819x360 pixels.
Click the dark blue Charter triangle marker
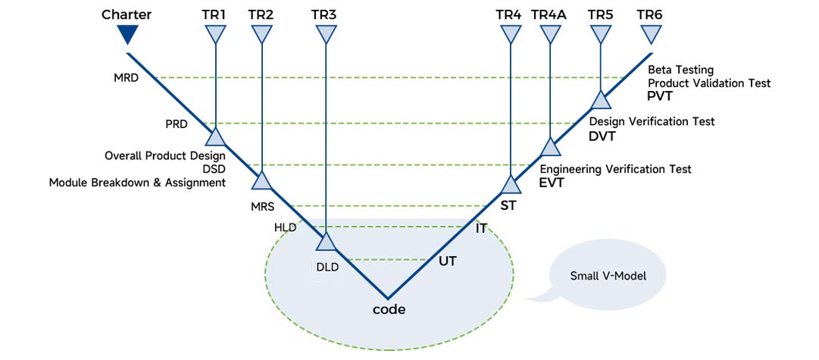click(127, 34)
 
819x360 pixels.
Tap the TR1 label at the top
click(215, 14)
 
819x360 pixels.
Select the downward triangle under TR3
click(326, 34)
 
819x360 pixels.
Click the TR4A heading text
click(549, 14)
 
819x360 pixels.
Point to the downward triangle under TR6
click(651, 34)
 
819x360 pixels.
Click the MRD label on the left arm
click(125, 77)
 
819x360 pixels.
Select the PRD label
click(176, 123)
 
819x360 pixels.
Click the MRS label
click(262, 205)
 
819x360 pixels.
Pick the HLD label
click(286, 227)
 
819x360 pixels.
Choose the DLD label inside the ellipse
click(327, 266)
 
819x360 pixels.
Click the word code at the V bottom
click(389, 309)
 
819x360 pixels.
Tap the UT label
click(448, 261)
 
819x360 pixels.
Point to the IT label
click(481, 227)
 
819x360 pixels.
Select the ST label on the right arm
click(508, 205)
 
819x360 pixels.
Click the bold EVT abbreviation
click(552, 183)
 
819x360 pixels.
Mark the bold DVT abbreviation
click(602, 136)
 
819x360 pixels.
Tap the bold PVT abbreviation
click(661, 97)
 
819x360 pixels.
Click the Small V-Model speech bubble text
click(608, 276)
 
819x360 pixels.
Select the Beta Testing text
click(680, 70)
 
